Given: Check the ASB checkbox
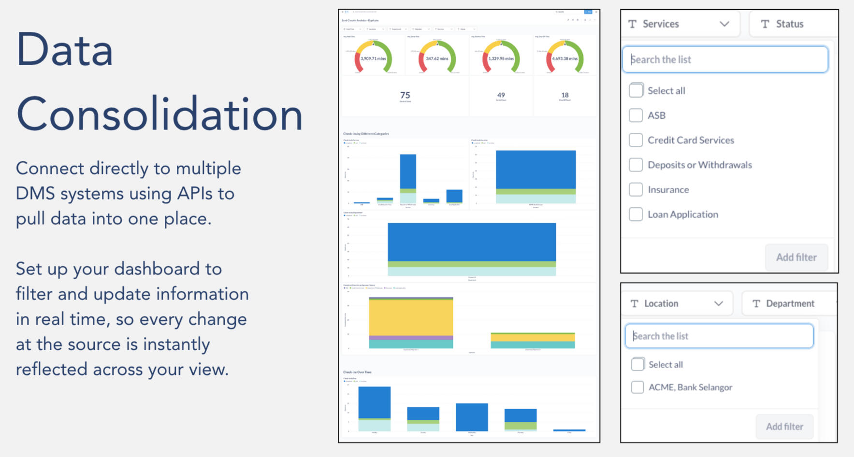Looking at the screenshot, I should point(636,115).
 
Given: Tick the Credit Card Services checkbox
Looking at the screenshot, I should point(636,140).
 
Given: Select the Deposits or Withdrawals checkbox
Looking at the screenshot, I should point(636,165).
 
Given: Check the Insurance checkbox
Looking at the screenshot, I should point(636,189).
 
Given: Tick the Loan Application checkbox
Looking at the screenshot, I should point(636,214).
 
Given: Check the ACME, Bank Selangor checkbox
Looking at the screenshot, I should point(637,387).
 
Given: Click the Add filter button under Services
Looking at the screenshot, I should point(796,257).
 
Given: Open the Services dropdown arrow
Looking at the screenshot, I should point(724,24).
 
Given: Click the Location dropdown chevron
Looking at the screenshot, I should point(719,303).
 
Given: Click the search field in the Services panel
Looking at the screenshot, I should point(725,59).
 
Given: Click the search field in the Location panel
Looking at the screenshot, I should point(719,336).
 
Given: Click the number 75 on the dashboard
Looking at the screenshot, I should point(405,95).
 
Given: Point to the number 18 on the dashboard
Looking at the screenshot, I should point(565,95).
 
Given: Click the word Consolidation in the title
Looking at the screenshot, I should point(159,114).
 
